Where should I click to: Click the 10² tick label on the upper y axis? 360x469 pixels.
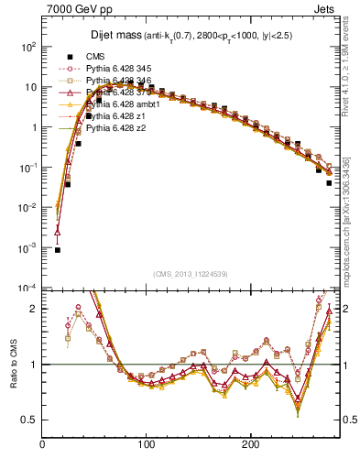[28, 47]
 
